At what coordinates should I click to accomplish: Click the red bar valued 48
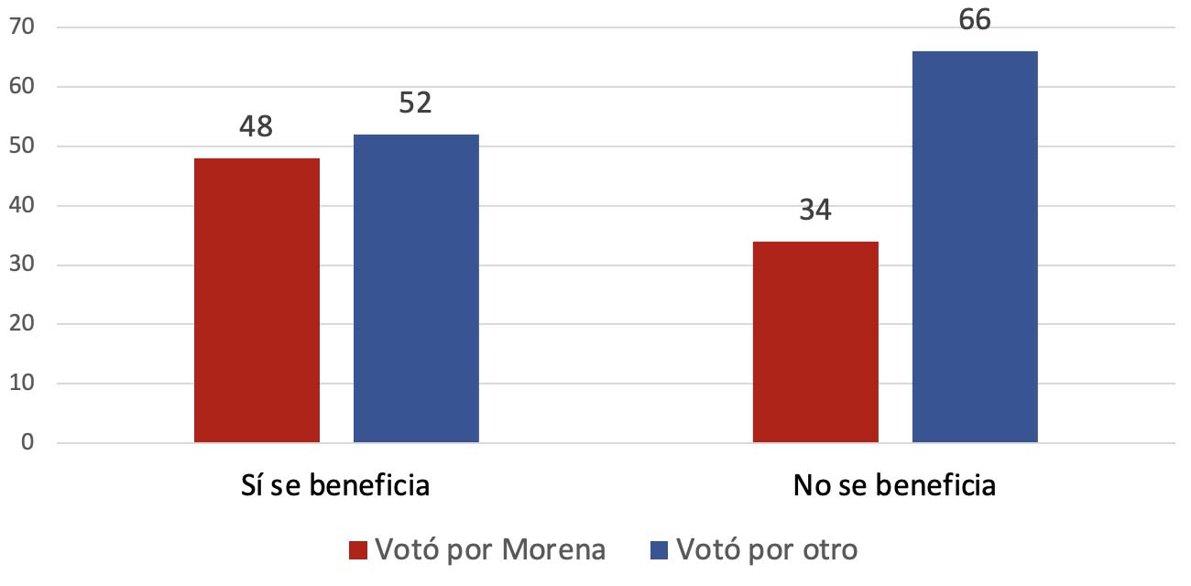tap(257, 300)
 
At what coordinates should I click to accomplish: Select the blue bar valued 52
tap(416, 288)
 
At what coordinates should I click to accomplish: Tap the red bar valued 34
tap(815, 342)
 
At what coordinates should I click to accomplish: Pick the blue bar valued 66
tap(975, 246)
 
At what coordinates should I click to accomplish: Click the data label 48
tap(257, 127)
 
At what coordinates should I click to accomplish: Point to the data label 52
tap(416, 103)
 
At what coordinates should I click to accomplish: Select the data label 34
tap(815, 210)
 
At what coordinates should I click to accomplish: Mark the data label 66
tap(975, 19)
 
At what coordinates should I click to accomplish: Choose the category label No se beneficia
tap(894, 484)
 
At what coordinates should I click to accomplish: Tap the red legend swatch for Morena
tap(358, 549)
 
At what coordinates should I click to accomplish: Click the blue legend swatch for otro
tap(659, 549)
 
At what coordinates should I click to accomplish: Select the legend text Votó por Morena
tap(490, 549)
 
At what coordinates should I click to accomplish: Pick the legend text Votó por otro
tap(767, 549)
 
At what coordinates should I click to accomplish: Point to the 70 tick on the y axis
tap(22, 27)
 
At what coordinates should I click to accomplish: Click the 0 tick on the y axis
tap(27, 443)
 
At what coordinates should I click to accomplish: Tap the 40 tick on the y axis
tap(22, 206)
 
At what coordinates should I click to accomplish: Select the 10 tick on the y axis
tap(22, 384)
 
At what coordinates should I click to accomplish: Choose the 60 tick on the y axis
tap(22, 87)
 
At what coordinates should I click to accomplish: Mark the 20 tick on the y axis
tap(22, 324)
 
